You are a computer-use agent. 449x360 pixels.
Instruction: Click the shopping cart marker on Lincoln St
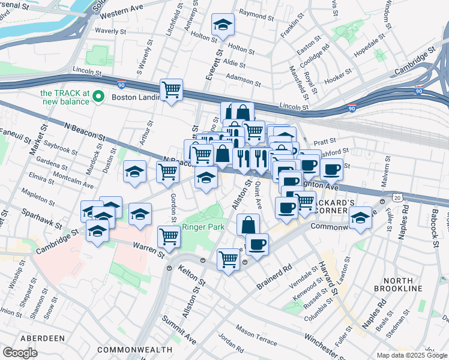pyautogui.click(x=172, y=90)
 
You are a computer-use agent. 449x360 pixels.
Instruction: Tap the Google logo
pyautogui.click(x=20, y=353)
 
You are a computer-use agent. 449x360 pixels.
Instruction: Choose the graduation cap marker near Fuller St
pyautogui.click(x=361, y=218)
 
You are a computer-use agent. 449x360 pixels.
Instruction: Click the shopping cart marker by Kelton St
pyautogui.click(x=228, y=260)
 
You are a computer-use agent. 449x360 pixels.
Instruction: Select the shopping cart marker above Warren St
pyautogui.click(x=169, y=238)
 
